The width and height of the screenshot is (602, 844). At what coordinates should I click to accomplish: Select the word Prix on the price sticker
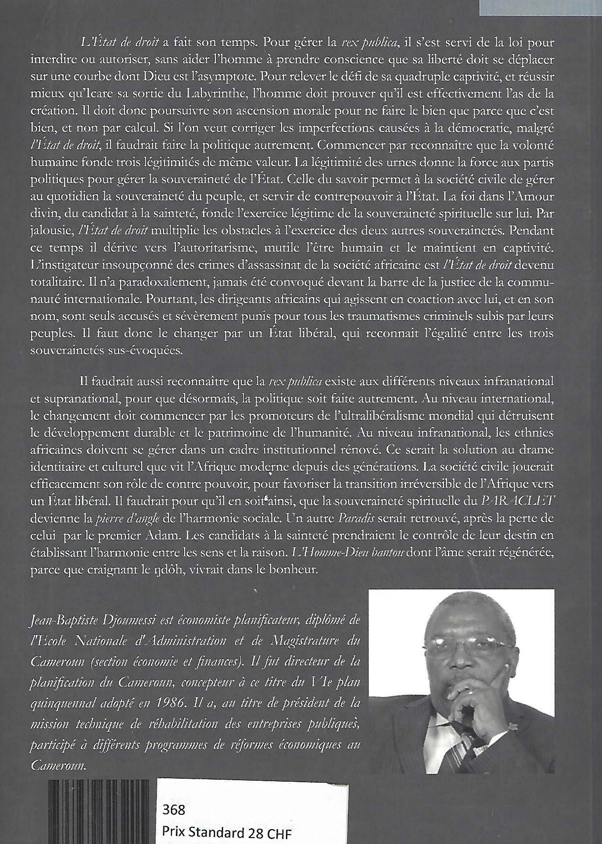[175, 833]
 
